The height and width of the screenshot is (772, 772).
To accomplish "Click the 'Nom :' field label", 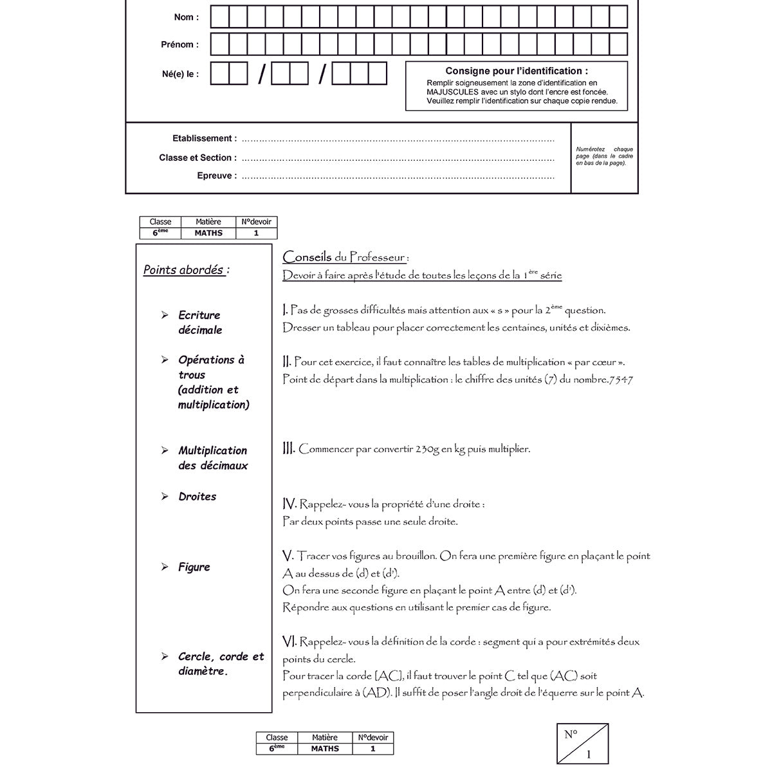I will coord(186,17).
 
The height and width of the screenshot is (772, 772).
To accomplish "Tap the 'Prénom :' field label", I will coord(179,44).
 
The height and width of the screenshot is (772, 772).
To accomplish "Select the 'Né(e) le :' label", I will coord(180,74).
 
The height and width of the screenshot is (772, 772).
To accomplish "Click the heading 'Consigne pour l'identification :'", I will coord(516,71).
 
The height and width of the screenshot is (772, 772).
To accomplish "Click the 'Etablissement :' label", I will coord(204,138).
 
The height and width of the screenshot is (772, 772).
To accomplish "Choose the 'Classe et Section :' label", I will coord(198,158).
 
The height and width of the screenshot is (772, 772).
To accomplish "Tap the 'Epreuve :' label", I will coord(216,176).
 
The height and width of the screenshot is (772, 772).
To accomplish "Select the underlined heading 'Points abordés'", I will coord(184,270).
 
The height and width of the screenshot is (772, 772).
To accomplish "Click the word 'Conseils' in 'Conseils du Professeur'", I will coord(307,257).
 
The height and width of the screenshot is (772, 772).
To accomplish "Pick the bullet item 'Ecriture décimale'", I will coord(199,322).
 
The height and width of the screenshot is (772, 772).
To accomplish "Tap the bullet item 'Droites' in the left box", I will coord(197,497).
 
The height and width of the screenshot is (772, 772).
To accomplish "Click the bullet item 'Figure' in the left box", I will coord(194,567).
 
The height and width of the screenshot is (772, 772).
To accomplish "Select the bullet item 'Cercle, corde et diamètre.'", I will coord(221,664).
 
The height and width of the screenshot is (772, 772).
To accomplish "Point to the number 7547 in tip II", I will coord(621,380).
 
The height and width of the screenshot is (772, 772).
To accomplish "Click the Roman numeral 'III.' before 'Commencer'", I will coord(289,448).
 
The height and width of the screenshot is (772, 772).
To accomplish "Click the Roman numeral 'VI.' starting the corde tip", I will coord(289,641).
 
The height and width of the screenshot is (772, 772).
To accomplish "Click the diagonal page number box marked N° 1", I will coord(582,743).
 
